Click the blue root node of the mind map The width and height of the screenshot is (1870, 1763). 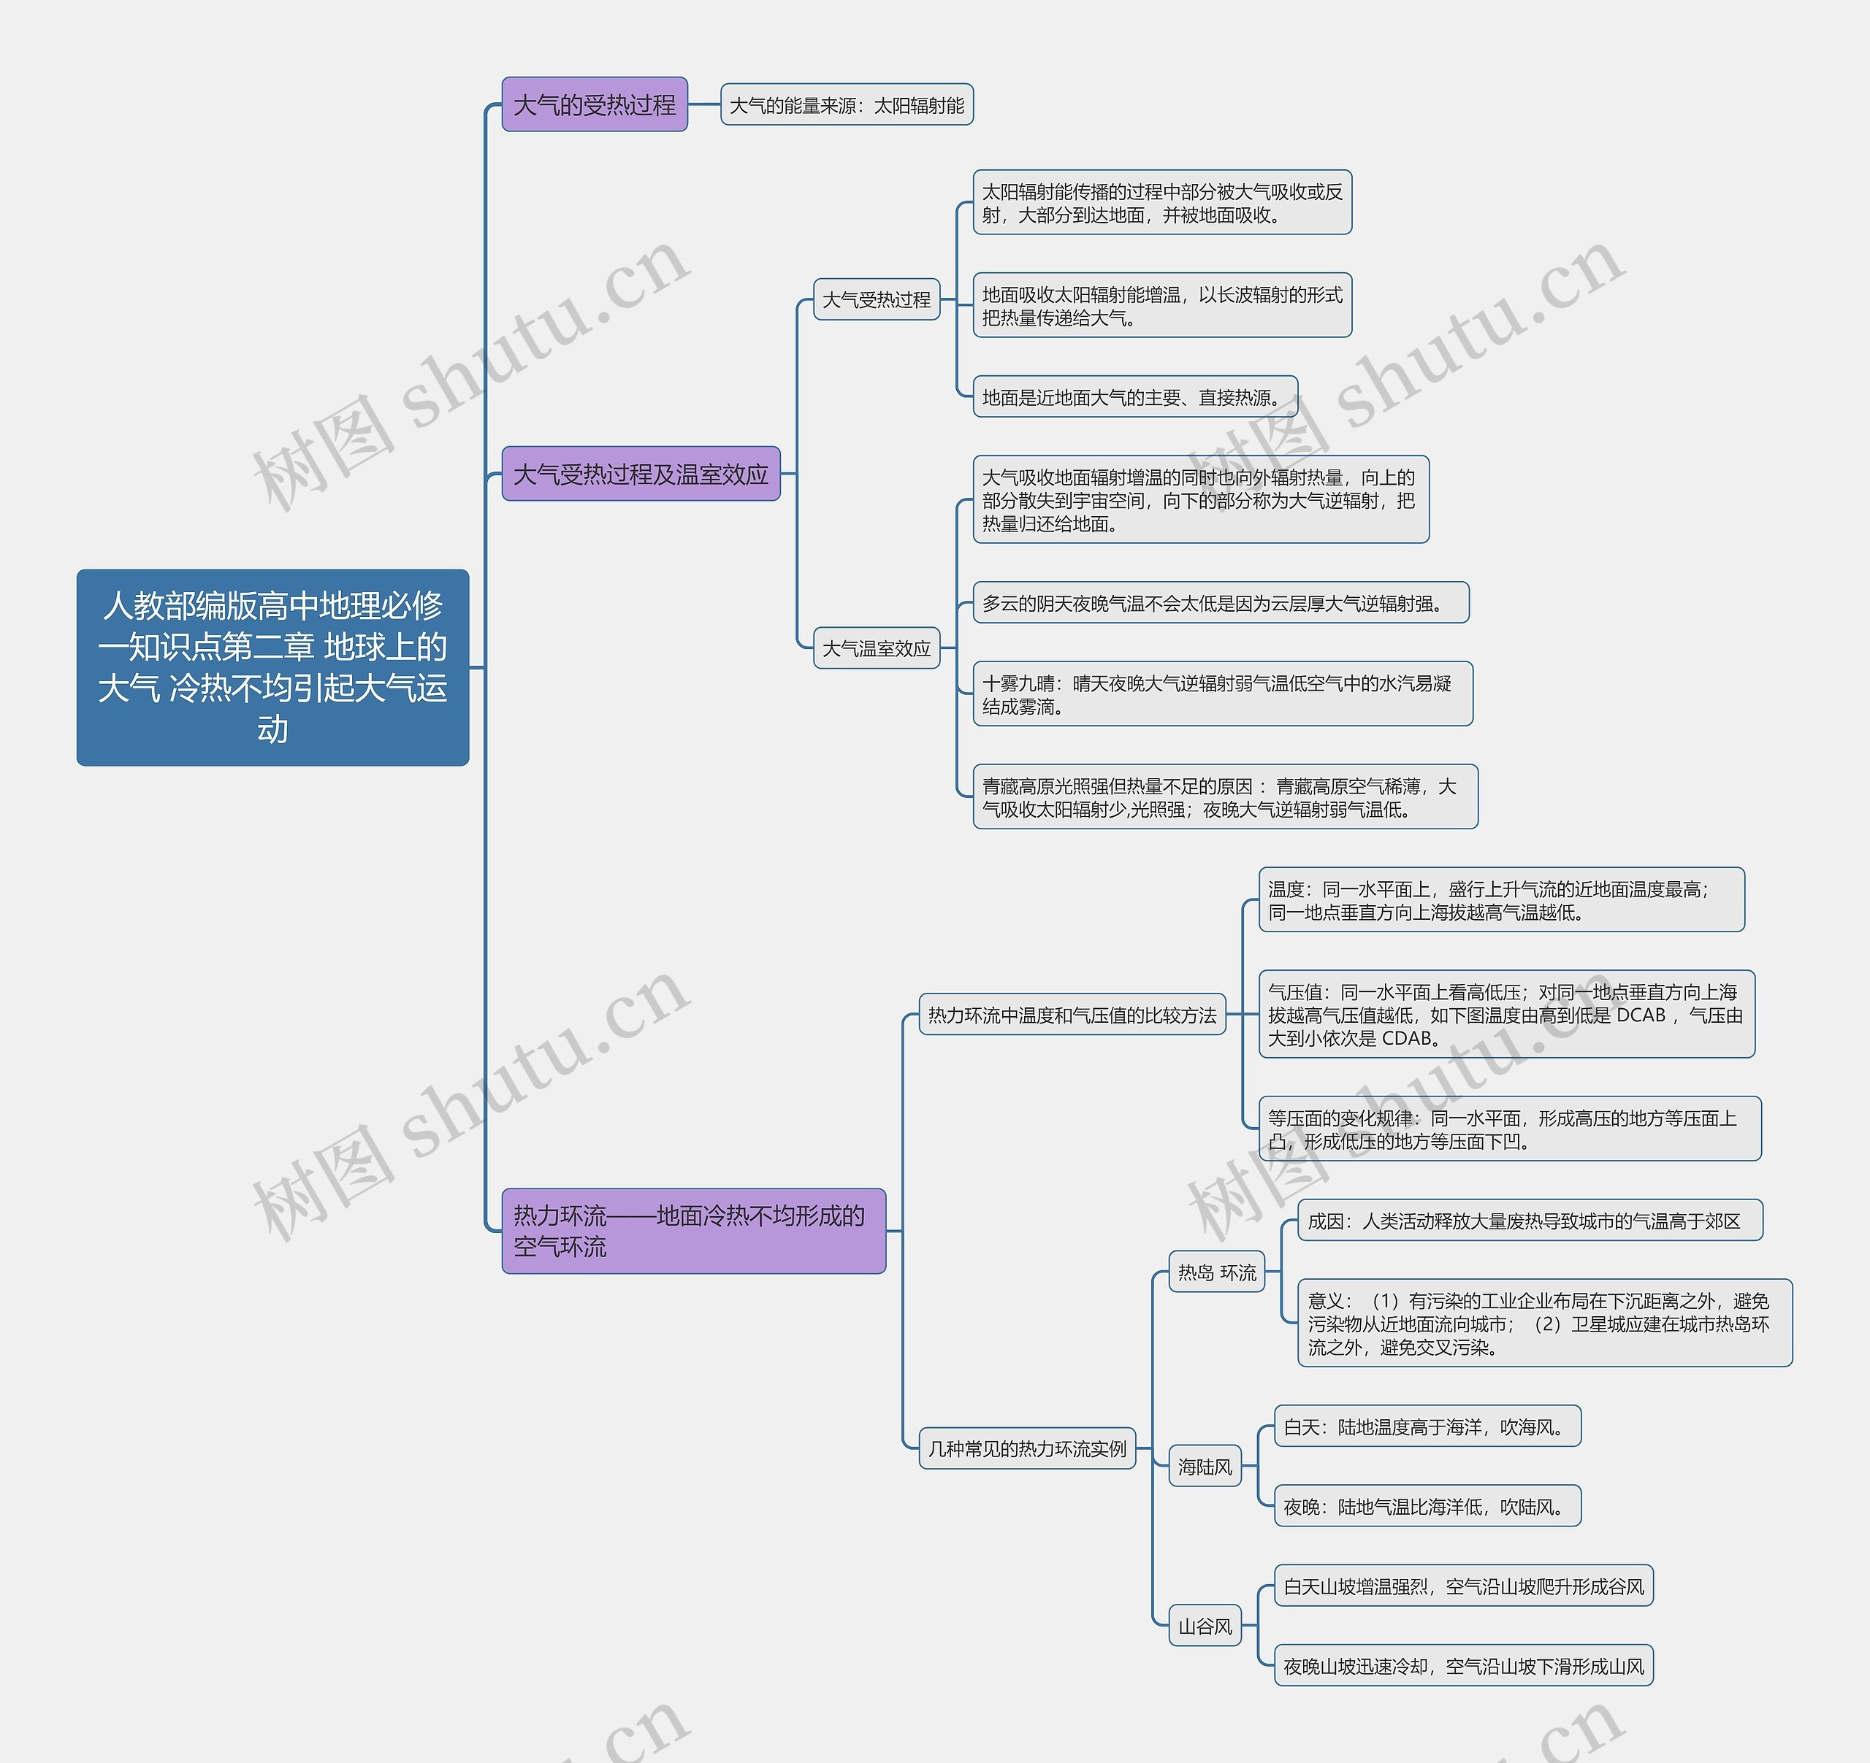pyautogui.click(x=272, y=667)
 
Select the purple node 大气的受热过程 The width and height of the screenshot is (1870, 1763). pyautogui.click(x=595, y=104)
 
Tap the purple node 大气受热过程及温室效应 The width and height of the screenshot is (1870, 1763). pyautogui.click(x=641, y=474)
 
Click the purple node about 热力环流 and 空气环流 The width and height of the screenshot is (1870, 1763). pyautogui.click(x=693, y=1230)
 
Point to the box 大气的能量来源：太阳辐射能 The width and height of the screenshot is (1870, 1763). pyautogui.click(x=847, y=105)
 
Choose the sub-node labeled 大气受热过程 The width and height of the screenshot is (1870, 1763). pyautogui.click(x=876, y=300)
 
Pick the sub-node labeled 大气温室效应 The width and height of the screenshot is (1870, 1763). pyautogui.click(x=876, y=648)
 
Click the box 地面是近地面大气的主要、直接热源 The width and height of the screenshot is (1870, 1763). pyautogui.click(x=1134, y=397)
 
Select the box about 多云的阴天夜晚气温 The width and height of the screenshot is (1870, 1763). pyautogui.click(x=1220, y=603)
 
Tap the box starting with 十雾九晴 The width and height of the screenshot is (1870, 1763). pyautogui.click(x=1222, y=694)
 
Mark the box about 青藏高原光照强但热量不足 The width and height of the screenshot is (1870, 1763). pyautogui.click(x=1225, y=796)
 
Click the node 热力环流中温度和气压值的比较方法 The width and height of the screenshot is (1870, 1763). pyautogui.click(x=1072, y=1015)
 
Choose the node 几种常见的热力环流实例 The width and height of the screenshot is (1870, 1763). pyautogui.click(x=1026, y=1448)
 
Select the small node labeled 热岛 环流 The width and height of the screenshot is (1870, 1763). pyautogui.click(x=1216, y=1272)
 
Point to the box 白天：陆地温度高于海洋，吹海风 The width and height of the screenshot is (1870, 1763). pyautogui.click(x=1426, y=1426)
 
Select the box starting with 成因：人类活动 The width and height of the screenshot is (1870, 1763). pyautogui.click(x=1529, y=1221)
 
